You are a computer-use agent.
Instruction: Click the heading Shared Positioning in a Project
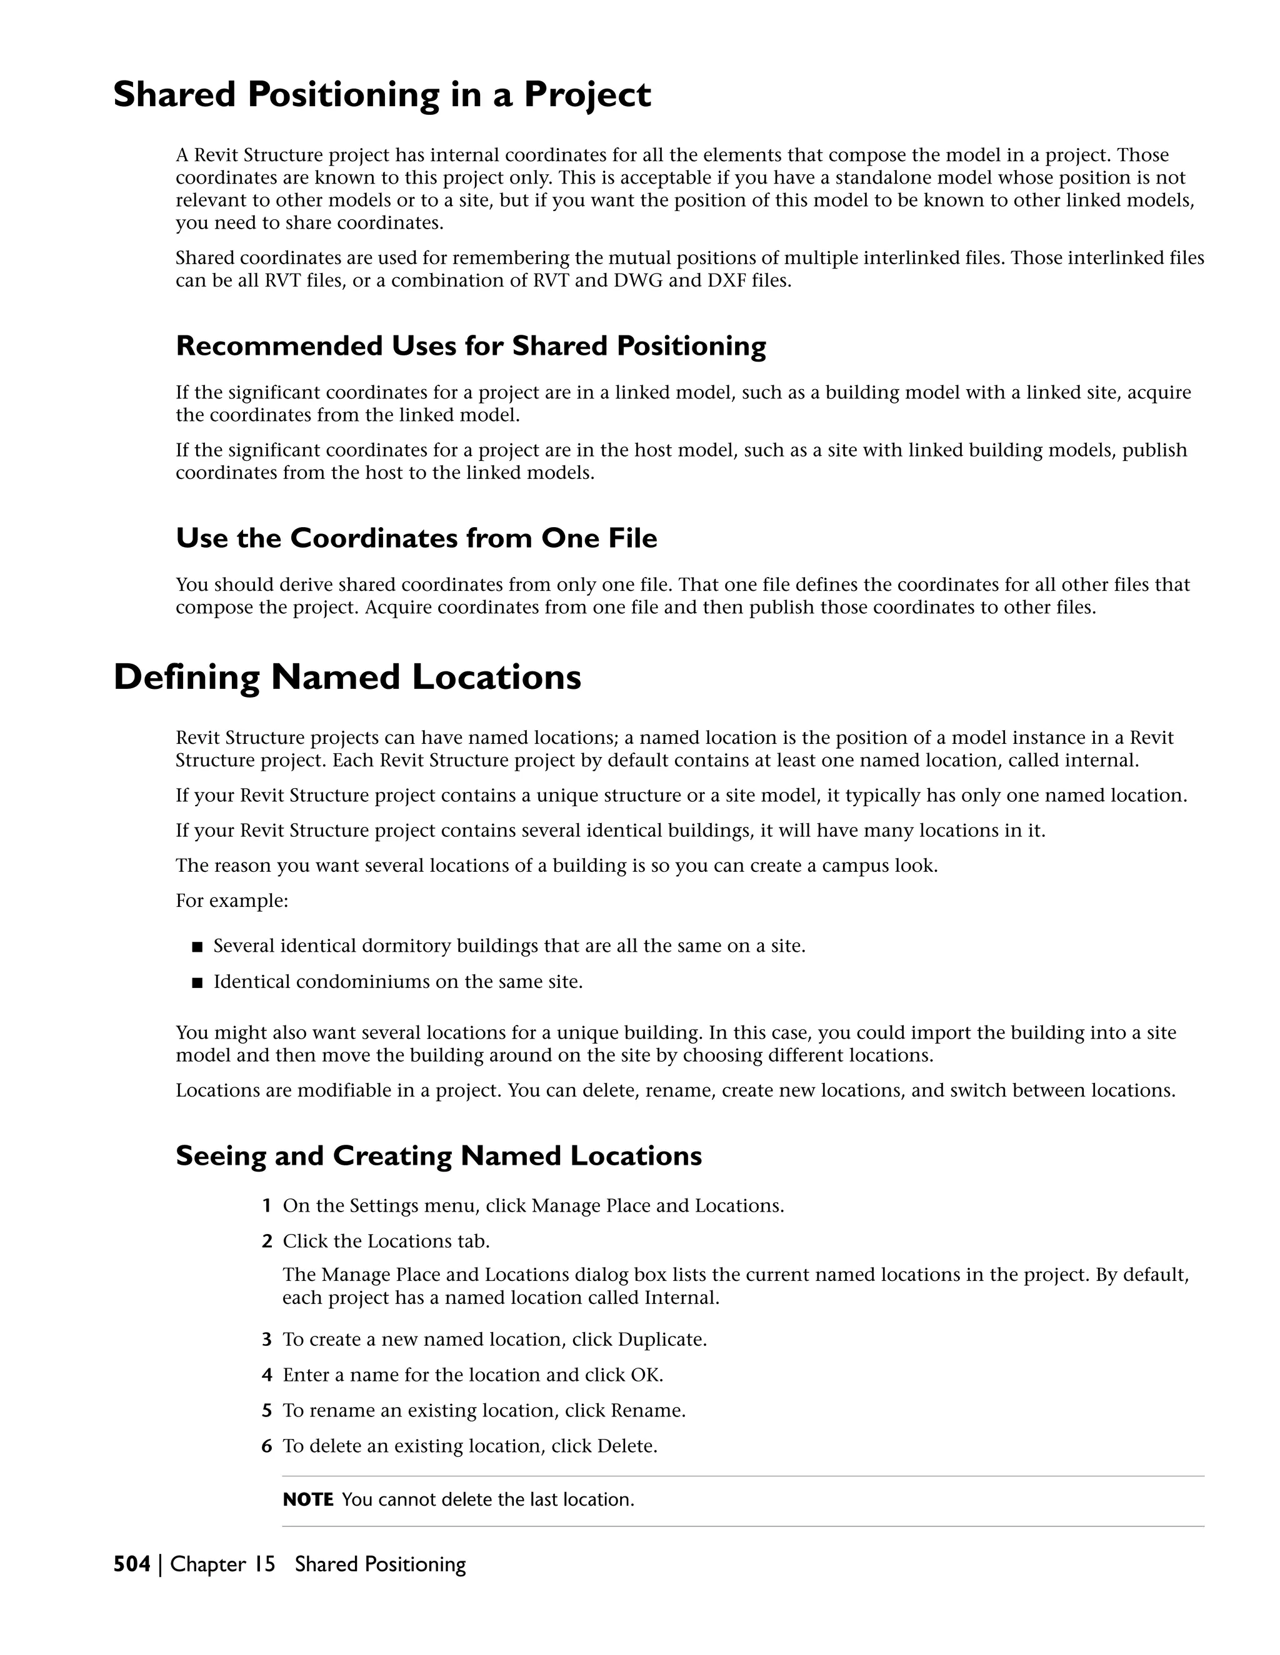[381, 96]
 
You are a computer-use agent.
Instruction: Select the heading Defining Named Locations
[346, 677]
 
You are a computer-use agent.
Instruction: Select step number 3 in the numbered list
[266, 1340]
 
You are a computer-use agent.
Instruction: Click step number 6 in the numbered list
[266, 1446]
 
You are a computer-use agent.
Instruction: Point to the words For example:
[231, 901]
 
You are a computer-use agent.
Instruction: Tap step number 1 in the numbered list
[266, 1205]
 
